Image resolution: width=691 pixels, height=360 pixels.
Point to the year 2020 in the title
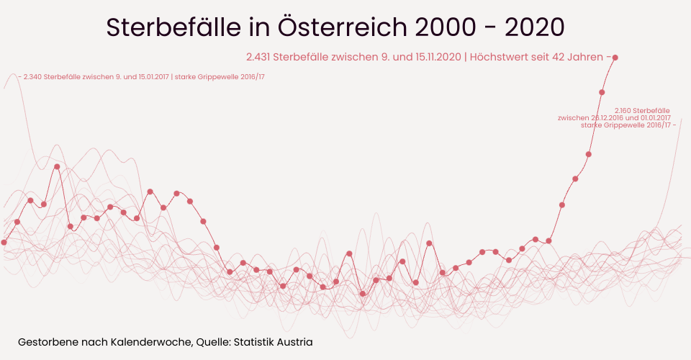[535, 27]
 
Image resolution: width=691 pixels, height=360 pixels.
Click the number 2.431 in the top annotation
[258, 57]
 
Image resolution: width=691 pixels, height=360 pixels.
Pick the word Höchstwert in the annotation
[500, 57]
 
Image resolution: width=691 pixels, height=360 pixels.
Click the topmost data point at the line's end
[615, 58]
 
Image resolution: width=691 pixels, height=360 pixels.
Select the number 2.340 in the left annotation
[35, 77]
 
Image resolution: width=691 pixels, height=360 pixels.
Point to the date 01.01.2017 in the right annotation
[654, 117]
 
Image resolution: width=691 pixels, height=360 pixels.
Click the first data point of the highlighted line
[4, 243]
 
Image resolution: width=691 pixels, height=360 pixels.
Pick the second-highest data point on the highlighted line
[602, 92]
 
